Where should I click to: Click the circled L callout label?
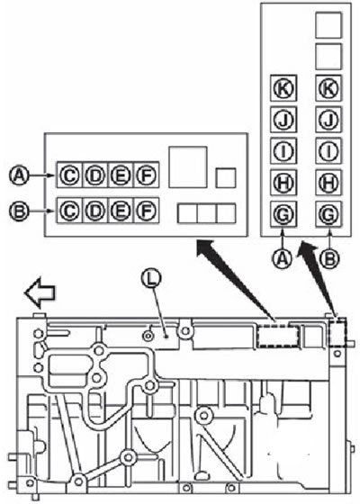click(x=151, y=278)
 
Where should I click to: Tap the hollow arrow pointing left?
click(x=40, y=292)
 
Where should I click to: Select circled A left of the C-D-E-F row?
click(x=19, y=175)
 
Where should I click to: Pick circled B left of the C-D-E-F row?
click(x=19, y=211)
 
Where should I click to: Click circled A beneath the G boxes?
click(x=283, y=259)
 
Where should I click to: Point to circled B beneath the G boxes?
click(x=329, y=259)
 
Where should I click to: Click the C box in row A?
click(x=70, y=175)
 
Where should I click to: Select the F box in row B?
click(x=147, y=211)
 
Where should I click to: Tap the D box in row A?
click(x=95, y=175)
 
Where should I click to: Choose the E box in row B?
click(x=121, y=211)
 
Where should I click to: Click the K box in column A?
click(x=283, y=88)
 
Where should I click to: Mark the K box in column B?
click(x=328, y=88)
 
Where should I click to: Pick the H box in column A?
click(x=283, y=183)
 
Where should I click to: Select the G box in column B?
click(x=328, y=214)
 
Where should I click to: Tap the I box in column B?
click(x=328, y=151)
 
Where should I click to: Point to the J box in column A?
click(x=283, y=120)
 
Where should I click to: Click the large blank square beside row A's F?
click(x=188, y=167)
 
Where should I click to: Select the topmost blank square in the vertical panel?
click(x=328, y=25)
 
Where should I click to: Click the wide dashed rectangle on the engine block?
click(x=278, y=335)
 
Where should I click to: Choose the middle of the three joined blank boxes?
click(x=207, y=213)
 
